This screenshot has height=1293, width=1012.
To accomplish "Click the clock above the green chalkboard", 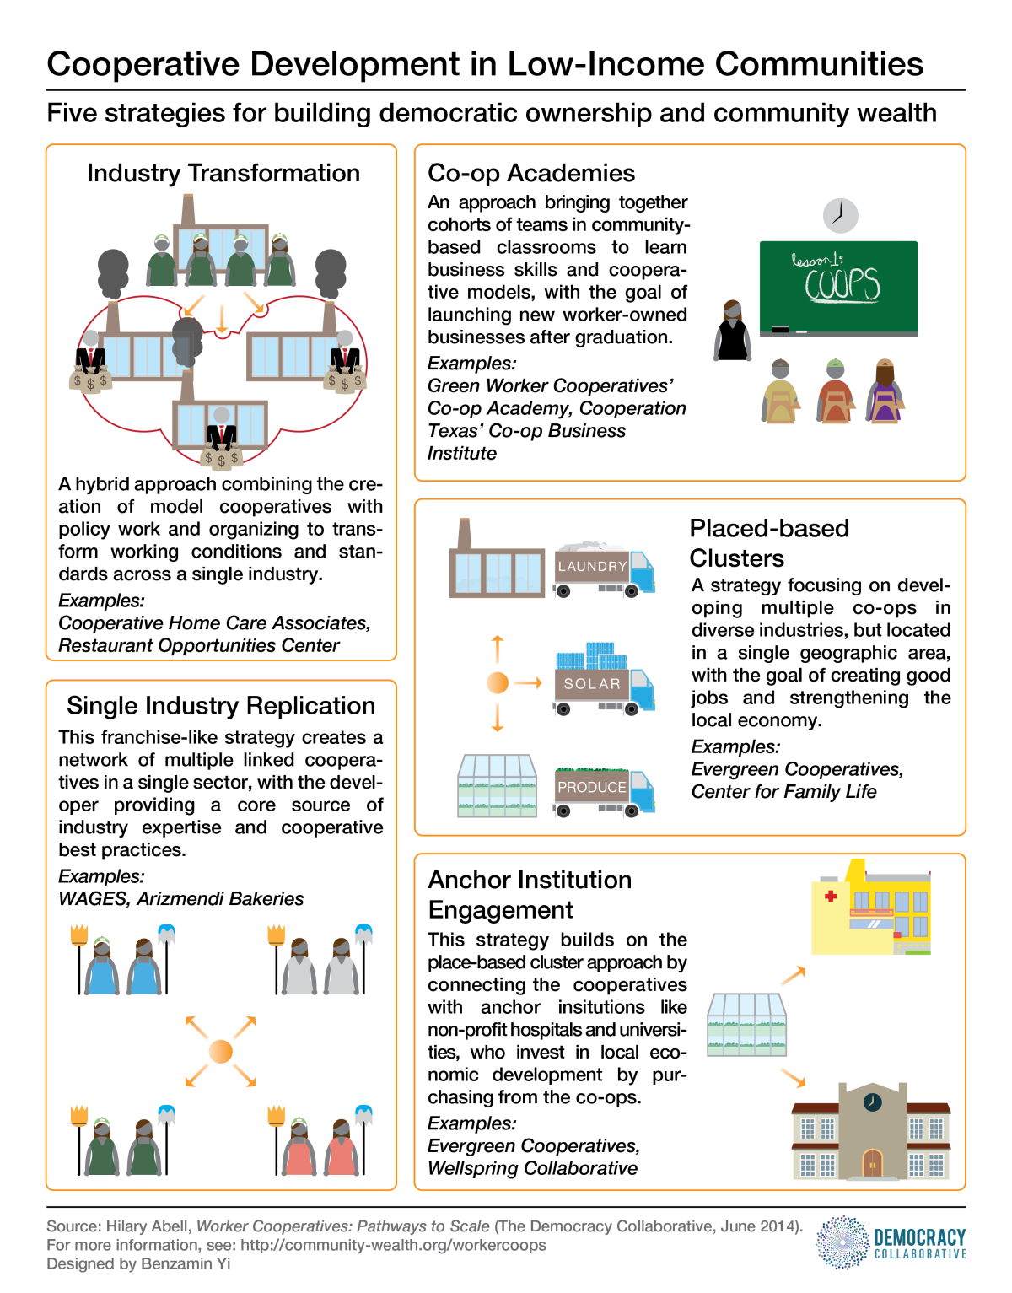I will coord(840,216).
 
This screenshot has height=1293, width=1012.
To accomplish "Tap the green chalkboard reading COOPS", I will coord(838,287).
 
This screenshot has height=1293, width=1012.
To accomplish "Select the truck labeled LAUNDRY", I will coord(603,571).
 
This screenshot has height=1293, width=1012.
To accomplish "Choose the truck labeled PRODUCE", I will coord(603,791).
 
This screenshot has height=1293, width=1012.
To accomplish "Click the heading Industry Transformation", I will coord(223,173).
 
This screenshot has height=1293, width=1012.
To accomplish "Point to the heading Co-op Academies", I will coord(531,173).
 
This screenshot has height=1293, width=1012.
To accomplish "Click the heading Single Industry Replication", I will coord(221,705).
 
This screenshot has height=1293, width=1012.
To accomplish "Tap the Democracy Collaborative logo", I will coord(891,1242).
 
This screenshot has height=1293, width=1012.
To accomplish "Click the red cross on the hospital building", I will coord(831,896).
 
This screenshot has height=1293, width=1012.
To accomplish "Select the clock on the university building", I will coord(872,1102).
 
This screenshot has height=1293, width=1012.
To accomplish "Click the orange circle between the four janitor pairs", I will coord(220,1051).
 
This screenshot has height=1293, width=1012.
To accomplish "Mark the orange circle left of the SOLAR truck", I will coord(498,682).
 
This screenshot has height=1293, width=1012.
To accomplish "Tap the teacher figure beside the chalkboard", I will coord(732,331).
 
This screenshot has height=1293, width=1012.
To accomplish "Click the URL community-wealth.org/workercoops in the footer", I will coord(393,1245).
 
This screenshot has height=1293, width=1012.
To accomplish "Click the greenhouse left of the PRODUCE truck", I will coord(497,786).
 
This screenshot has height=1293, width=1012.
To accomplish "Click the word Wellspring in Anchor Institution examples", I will coord(469,1168).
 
